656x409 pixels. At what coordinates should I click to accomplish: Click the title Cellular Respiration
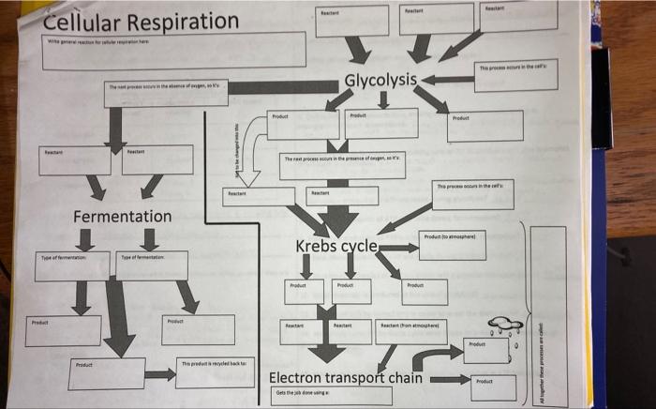pos(141,21)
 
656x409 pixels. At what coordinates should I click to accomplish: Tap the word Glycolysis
pos(380,80)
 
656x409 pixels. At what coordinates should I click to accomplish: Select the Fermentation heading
pos(122,217)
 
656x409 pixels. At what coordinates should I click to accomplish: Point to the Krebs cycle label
pos(336,247)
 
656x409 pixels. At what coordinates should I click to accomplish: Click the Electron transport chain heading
pos(345,378)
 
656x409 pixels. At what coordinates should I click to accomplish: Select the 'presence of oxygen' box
pos(343,166)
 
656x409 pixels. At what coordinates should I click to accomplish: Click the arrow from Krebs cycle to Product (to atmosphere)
pos(397,248)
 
